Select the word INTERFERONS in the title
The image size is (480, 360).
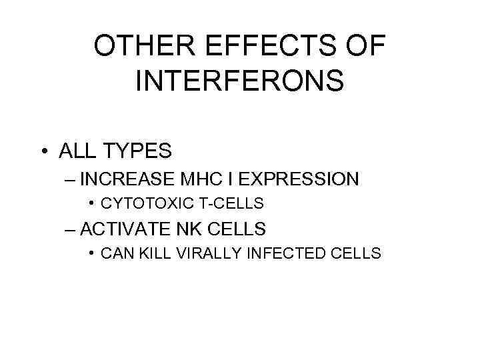click(239, 81)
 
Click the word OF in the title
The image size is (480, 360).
click(365, 47)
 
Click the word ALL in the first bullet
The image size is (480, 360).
click(77, 151)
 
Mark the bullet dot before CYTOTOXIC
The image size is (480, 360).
click(91, 203)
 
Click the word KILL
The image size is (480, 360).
click(151, 253)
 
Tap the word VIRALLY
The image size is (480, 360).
click(199, 253)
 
